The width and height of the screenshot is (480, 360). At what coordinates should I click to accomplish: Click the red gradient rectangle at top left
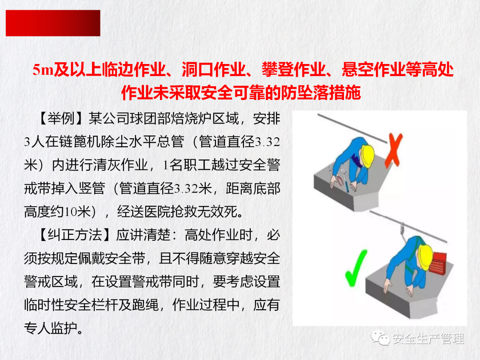click(53, 23)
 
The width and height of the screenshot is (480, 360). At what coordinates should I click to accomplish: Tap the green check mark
click(356, 268)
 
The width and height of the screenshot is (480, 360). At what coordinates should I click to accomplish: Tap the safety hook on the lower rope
click(403, 228)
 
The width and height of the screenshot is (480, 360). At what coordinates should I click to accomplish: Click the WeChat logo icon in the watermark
click(380, 338)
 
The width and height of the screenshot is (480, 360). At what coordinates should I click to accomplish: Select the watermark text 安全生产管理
click(428, 339)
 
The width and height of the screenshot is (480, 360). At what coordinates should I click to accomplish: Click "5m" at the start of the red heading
click(43, 70)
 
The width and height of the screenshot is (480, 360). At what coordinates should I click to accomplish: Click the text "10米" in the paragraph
click(78, 212)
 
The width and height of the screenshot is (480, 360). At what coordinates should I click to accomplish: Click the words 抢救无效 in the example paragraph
click(198, 212)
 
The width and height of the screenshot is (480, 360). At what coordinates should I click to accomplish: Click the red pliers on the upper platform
click(339, 180)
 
